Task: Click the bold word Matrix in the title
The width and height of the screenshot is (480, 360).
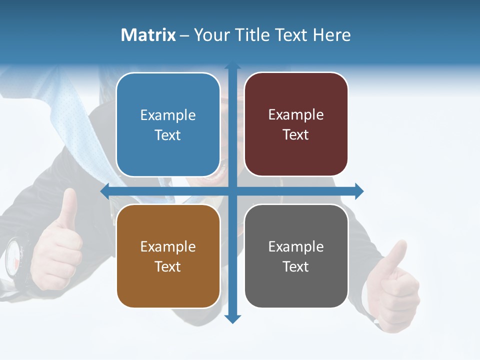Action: point(148,35)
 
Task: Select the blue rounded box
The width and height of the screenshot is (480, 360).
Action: point(168,124)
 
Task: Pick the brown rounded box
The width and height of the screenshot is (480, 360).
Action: point(168,256)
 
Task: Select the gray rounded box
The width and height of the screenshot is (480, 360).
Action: point(296,256)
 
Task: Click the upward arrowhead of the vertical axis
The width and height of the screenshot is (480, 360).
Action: point(232,66)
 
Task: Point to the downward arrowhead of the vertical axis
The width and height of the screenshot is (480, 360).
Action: point(232,318)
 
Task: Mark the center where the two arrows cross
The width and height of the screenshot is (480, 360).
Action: point(232,191)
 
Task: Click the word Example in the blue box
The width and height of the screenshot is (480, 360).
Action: point(168,115)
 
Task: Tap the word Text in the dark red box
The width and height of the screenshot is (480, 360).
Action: point(296,135)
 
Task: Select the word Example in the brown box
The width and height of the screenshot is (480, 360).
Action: point(168,247)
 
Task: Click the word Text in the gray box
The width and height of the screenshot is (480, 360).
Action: point(296,267)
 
